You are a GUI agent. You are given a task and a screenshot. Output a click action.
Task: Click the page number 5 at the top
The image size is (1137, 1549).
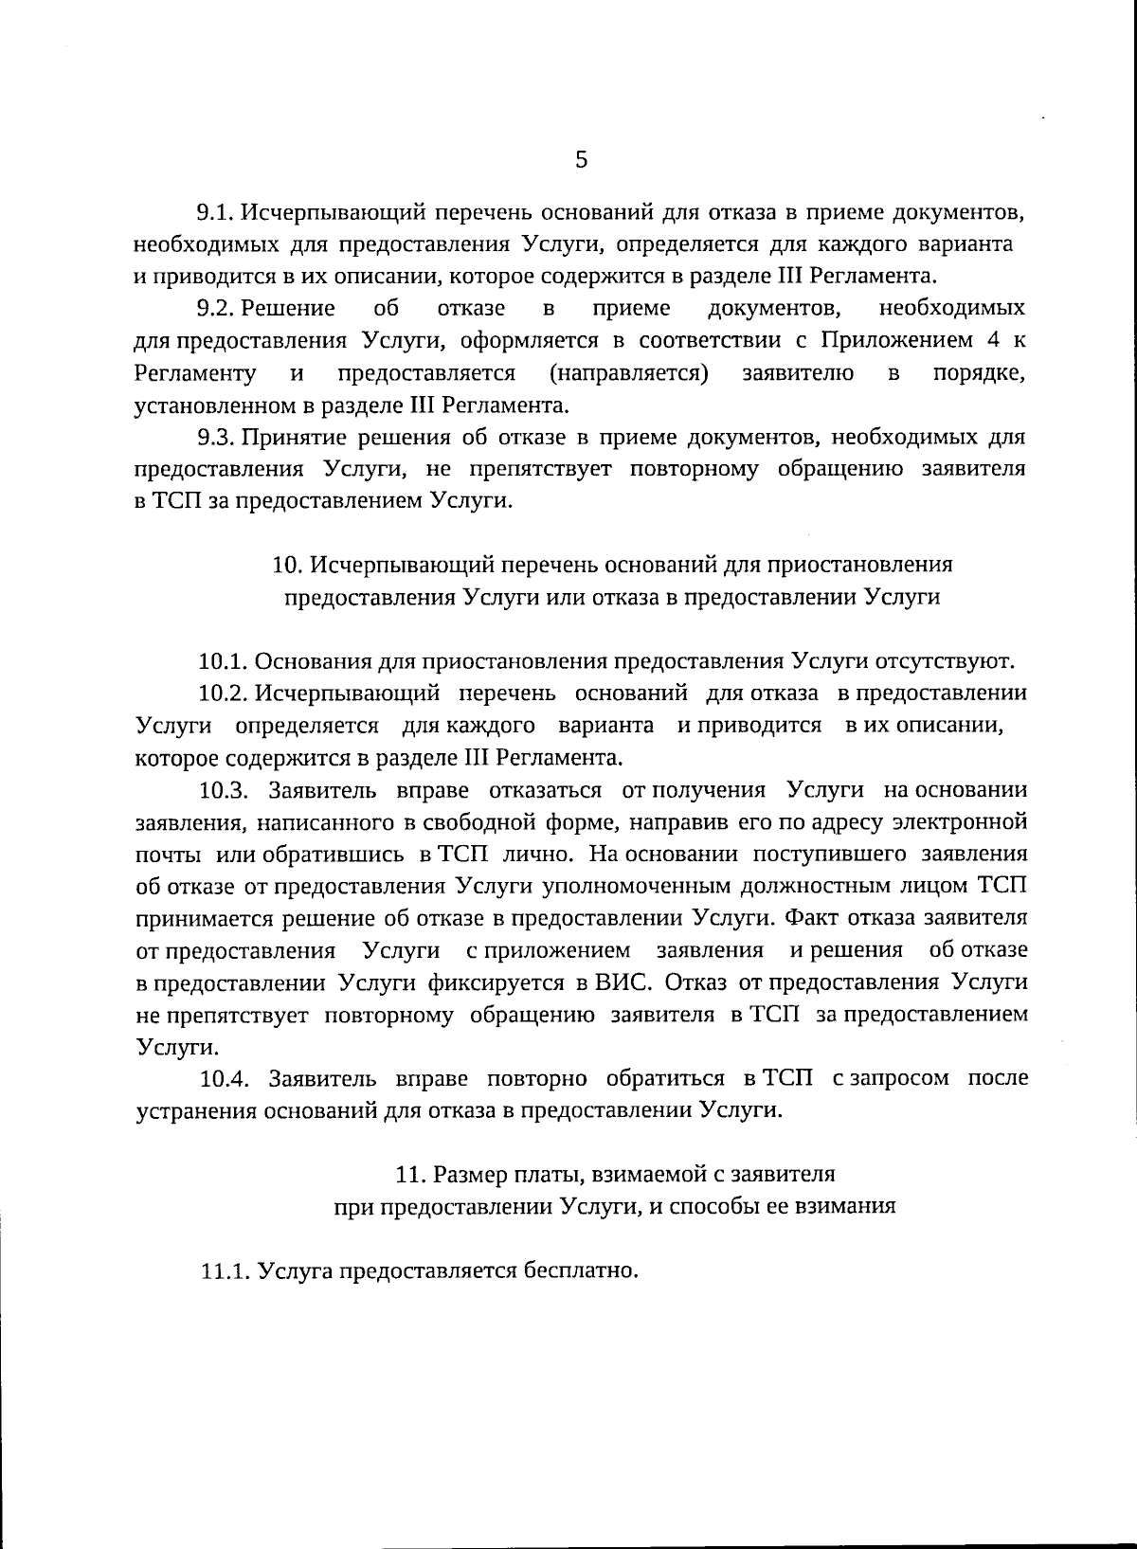[x=581, y=159]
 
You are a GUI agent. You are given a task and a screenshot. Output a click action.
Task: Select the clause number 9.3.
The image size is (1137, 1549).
[x=214, y=437]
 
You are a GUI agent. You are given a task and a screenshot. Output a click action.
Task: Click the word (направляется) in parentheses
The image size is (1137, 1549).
[x=629, y=372]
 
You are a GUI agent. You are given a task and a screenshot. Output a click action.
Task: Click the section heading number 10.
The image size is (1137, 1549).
[x=286, y=565]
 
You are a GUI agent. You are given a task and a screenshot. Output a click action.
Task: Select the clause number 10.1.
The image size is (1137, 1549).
[x=224, y=661]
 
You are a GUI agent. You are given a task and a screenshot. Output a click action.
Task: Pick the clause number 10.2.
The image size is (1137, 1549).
[x=225, y=693]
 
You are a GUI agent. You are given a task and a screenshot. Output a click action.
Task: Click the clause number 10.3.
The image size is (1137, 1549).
[x=225, y=789]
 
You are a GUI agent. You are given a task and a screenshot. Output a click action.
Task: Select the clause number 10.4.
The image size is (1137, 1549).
[x=225, y=1078]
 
